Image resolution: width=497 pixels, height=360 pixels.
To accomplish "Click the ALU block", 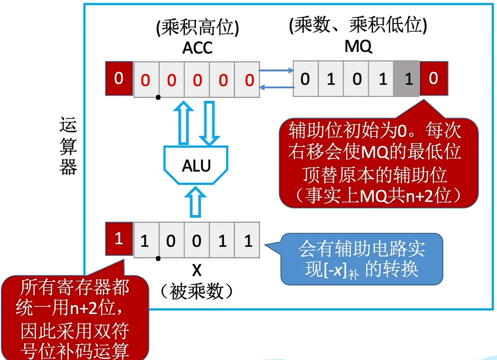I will click(x=197, y=165).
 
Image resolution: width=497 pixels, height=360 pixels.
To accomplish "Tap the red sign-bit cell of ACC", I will click(x=119, y=79).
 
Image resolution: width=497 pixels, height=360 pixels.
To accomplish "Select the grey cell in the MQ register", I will click(x=407, y=79).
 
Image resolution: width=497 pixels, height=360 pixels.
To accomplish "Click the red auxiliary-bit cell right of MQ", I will click(x=434, y=79).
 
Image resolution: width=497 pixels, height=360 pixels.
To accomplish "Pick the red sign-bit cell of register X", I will click(x=119, y=239).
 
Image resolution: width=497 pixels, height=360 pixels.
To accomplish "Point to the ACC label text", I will click(x=197, y=49).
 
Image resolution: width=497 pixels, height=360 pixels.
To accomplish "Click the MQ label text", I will click(x=358, y=47).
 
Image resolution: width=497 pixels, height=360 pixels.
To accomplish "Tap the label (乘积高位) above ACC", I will click(x=197, y=28).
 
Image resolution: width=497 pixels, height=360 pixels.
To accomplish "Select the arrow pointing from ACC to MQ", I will click(x=275, y=71).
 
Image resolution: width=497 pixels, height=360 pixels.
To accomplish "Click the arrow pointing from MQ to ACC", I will click(x=275, y=87).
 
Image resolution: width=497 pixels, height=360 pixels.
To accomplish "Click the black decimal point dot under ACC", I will click(x=159, y=97).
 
